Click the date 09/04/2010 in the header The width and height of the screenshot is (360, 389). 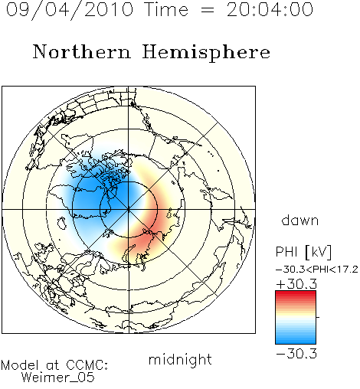[70, 10]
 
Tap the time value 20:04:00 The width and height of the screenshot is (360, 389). [270, 10]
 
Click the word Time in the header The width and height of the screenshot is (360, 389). [166, 10]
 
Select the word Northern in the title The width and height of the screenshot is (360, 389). [82, 51]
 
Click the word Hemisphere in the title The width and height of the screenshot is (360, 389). [206, 52]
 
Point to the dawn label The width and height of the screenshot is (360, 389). [300, 220]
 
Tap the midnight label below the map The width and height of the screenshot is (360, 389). [180, 359]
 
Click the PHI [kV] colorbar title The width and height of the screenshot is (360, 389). [303, 252]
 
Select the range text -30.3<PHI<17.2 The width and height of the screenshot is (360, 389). [316, 270]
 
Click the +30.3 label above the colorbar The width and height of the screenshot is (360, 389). [296, 284]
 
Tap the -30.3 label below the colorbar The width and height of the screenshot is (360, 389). [296, 354]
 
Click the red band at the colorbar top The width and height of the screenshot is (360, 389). [296, 293]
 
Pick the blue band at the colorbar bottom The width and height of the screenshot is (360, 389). [296, 341]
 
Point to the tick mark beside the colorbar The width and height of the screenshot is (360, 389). [318, 317]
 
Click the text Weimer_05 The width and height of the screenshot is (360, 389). [58, 378]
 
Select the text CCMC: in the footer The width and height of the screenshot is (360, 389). [87, 365]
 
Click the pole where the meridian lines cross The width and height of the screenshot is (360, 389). [129, 209]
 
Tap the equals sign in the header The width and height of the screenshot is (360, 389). [208, 10]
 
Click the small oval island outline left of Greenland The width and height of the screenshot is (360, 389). [61, 224]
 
